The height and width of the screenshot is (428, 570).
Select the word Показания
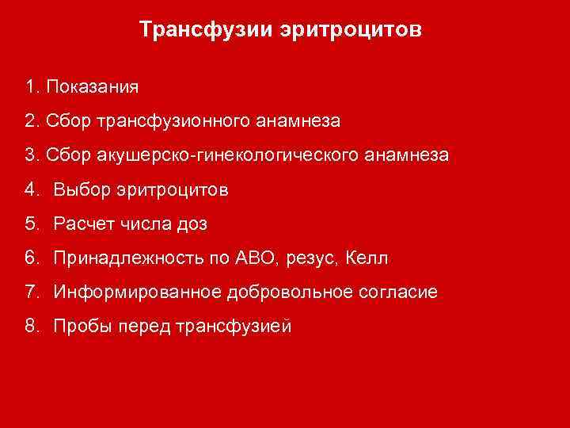[x=93, y=86]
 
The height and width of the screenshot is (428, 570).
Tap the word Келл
[x=368, y=258]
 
